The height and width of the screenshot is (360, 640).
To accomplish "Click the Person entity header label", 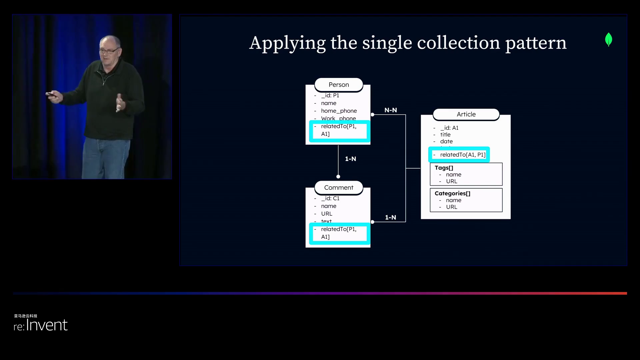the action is point(339,85).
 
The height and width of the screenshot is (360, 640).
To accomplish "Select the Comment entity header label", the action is point(339,188).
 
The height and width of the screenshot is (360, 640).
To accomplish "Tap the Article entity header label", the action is point(466,114).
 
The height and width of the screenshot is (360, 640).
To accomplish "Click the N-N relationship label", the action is point(391,110).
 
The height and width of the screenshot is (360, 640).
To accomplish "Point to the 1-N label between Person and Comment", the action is point(350,159).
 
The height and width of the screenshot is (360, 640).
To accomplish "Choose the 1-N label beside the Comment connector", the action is point(391,217).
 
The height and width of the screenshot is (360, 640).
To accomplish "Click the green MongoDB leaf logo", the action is point(608,39).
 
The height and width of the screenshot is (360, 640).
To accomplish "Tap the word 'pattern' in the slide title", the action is point(536,43).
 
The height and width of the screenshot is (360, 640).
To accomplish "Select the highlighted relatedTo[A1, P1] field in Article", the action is point(462,155).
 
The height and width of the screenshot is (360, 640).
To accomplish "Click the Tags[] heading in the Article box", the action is point(444,168).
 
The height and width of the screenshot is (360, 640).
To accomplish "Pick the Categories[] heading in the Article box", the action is point(452,193).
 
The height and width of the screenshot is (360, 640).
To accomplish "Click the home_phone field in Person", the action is point(339,111).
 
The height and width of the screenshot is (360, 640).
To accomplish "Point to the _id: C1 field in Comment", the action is point(330,198).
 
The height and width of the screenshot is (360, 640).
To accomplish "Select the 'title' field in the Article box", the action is point(445,135).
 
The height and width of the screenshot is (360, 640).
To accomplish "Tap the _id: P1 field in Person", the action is point(330,95).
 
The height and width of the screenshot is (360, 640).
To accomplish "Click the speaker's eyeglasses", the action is point(109,51).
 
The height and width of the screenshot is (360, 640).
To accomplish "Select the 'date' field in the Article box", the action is point(446,141).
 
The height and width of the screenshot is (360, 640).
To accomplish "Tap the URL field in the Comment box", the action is point(326,214).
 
